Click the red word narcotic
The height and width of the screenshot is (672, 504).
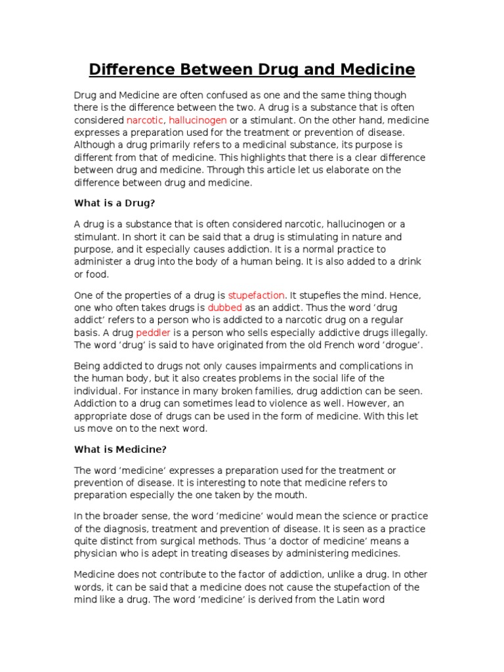146,120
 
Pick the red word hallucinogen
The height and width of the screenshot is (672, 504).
198,120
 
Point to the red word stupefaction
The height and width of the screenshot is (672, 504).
256,295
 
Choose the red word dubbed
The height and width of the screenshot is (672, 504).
225,307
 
